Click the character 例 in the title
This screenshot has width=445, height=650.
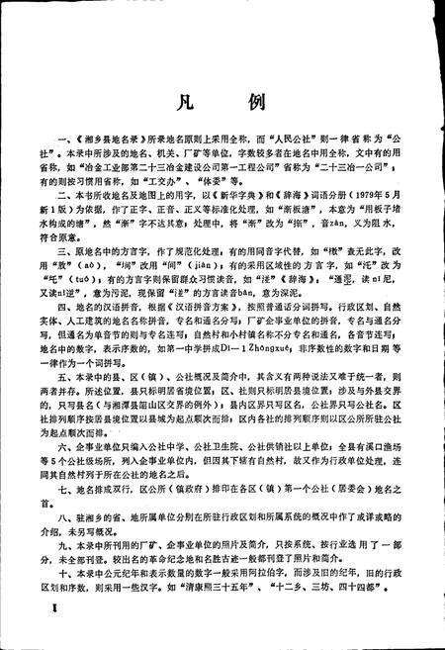[x=260, y=103]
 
